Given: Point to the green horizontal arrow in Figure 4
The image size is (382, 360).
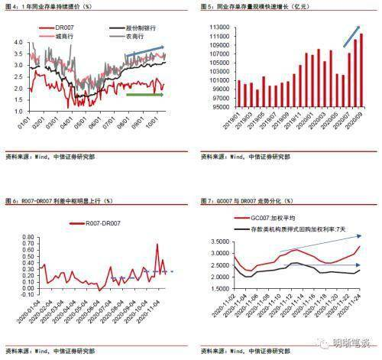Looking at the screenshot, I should (144, 96).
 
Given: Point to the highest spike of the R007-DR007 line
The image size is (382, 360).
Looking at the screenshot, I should (158, 245).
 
